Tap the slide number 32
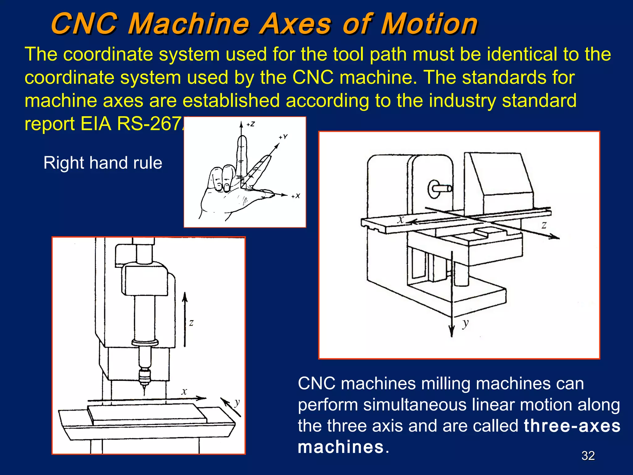[x=588, y=456]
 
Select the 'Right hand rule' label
[x=103, y=163]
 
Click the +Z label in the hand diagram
[x=251, y=124]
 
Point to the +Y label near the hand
[x=283, y=136]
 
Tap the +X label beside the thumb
[x=296, y=196]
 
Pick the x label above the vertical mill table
[x=184, y=392]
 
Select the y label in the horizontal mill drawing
[x=465, y=323]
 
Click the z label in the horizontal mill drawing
[x=544, y=225]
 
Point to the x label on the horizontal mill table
[x=401, y=220]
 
